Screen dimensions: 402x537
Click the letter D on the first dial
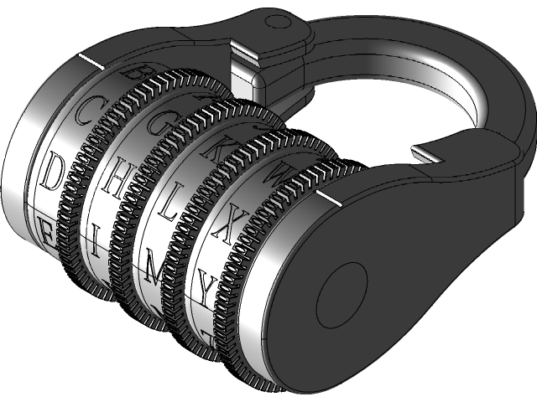click(51, 173)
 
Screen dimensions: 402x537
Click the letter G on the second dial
click(159, 124)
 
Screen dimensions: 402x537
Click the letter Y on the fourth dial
click(206, 289)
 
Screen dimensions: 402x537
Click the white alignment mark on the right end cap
click(331, 198)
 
